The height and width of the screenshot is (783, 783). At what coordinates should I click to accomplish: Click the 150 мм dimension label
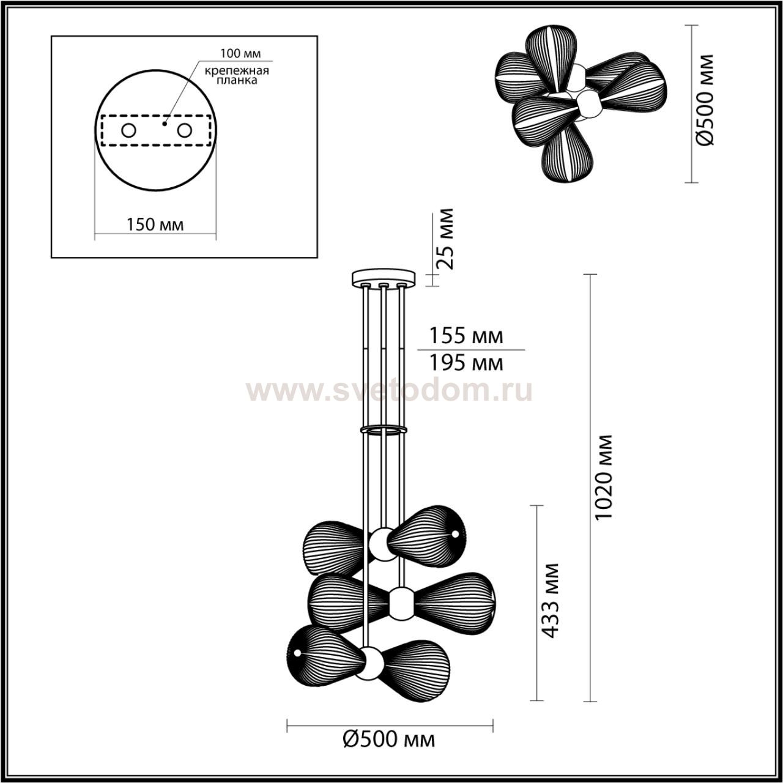click(x=155, y=224)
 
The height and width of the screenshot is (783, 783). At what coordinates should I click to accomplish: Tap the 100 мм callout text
click(x=240, y=53)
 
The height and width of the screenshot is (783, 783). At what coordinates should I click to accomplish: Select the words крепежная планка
click(x=237, y=75)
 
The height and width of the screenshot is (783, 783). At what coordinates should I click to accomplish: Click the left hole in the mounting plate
click(x=129, y=130)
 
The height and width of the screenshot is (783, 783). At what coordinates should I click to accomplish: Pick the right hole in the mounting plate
click(x=184, y=130)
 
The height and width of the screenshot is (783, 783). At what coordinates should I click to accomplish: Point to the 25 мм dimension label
click(x=443, y=239)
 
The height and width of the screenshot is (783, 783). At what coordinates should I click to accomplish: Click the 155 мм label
click(x=467, y=336)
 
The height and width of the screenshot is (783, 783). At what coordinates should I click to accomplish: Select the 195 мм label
click(x=467, y=363)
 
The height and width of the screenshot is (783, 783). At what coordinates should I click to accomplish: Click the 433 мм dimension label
click(x=550, y=601)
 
